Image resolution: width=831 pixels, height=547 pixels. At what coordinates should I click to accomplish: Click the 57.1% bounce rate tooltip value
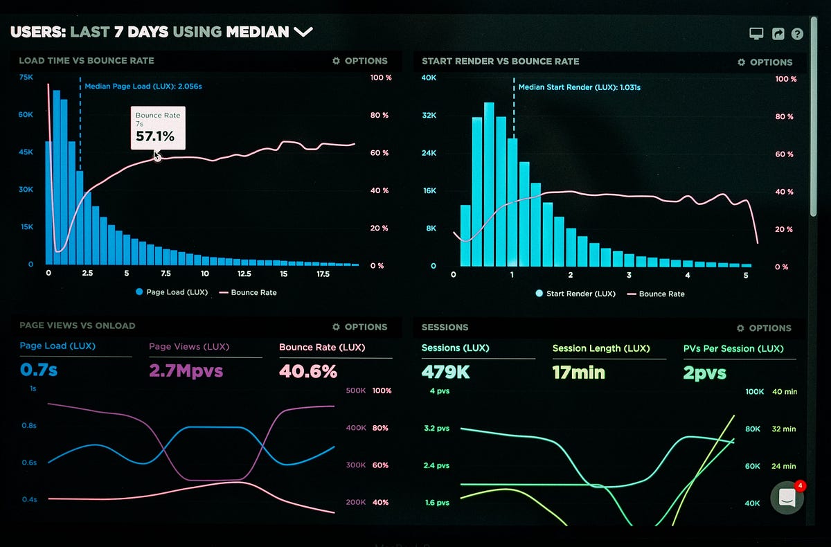coord(154,136)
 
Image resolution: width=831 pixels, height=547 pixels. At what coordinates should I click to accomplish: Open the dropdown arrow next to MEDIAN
coord(303,32)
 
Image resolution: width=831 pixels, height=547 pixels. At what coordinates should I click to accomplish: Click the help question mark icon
coord(797,34)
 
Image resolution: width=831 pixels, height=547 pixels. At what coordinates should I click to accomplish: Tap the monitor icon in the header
coord(756,34)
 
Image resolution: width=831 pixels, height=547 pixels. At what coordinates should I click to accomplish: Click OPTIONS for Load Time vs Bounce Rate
coord(359,61)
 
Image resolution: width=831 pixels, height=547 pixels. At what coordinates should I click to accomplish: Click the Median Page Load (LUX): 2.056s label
coord(143,87)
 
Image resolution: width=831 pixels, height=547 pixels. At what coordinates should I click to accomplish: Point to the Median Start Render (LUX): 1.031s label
coord(579,88)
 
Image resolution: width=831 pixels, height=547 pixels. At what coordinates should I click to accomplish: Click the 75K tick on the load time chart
coord(26,78)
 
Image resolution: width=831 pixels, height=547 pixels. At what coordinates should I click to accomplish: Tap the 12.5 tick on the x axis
coord(243,273)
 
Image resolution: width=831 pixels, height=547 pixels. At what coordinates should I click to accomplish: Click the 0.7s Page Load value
coord(39,370)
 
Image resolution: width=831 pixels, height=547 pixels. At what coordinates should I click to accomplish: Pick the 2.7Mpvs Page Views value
coord(186,371)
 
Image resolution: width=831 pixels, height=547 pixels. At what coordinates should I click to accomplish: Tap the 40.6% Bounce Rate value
coord(308,371)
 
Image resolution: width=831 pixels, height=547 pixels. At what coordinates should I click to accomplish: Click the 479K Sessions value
coord(445,372)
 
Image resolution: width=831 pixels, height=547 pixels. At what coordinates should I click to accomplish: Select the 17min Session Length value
coord(578,373)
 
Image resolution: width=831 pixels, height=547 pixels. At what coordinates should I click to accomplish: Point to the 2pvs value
coord(704,373)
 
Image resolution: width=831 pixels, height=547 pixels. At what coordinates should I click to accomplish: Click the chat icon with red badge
coord(787,497)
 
